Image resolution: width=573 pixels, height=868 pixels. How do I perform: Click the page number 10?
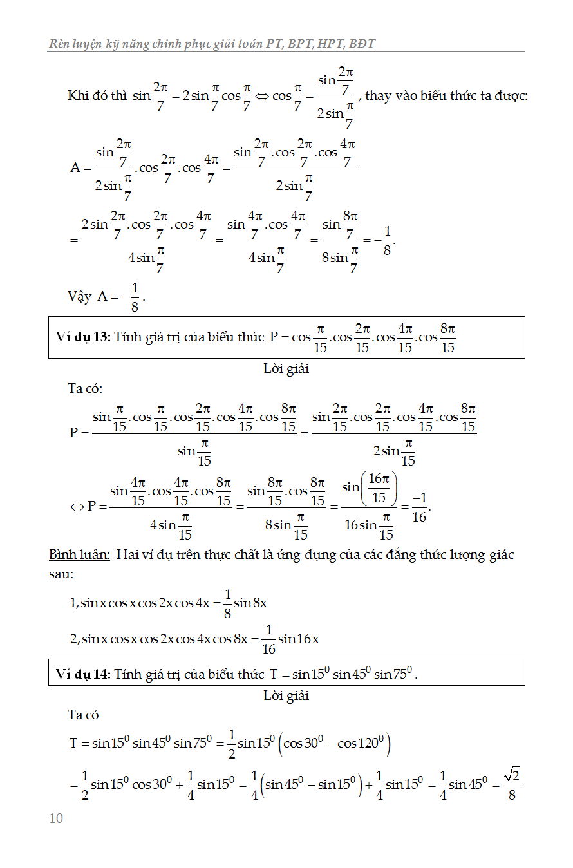pyautogui.click(x=56, y=818)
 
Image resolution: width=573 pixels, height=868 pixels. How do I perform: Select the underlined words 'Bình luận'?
pyautogui.click(x=79, y=555)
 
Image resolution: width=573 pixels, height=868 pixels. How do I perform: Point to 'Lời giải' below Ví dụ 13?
pyautogui.click(x=286, y=369)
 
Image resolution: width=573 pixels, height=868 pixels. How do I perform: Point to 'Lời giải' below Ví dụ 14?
pyautogui.click(x=286, y=695)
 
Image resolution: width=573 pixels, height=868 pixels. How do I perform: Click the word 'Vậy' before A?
pyautogui.click(x=79, y=296)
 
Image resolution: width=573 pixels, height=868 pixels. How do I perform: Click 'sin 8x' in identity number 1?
pyautogui.click(x=250, y=603)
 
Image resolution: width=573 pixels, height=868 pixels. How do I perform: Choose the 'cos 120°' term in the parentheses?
pyautogui.click(x=361, y=744)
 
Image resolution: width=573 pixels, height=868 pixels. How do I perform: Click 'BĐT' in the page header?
pyautogui.click(x=363, y=44)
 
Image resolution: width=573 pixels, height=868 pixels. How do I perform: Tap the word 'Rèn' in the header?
pyautogui.click(x=60, y=44)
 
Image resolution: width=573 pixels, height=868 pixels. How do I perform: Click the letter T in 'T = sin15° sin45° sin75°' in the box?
pyautogui.click(x=274, y=674)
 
